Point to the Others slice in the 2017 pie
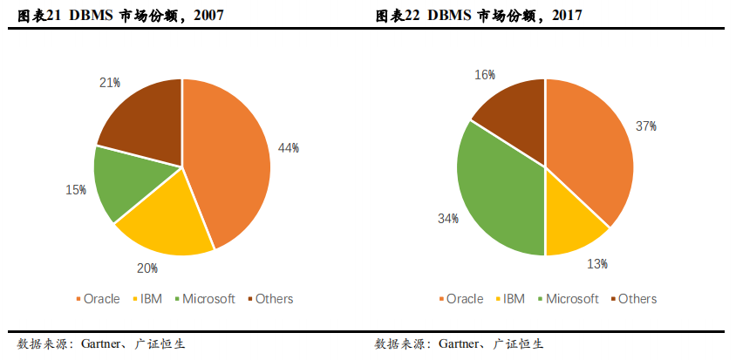click(515, 113)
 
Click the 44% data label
click(289, 148)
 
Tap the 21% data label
click(109, 83)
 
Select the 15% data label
click(76, 190)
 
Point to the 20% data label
click(147, 268)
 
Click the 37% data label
click(646, 127)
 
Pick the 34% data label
click(448, 219)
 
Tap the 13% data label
click(597, 264)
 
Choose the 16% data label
click(485, 75)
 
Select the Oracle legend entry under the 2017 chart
click(459, 299)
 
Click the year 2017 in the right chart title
click(568, 16)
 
